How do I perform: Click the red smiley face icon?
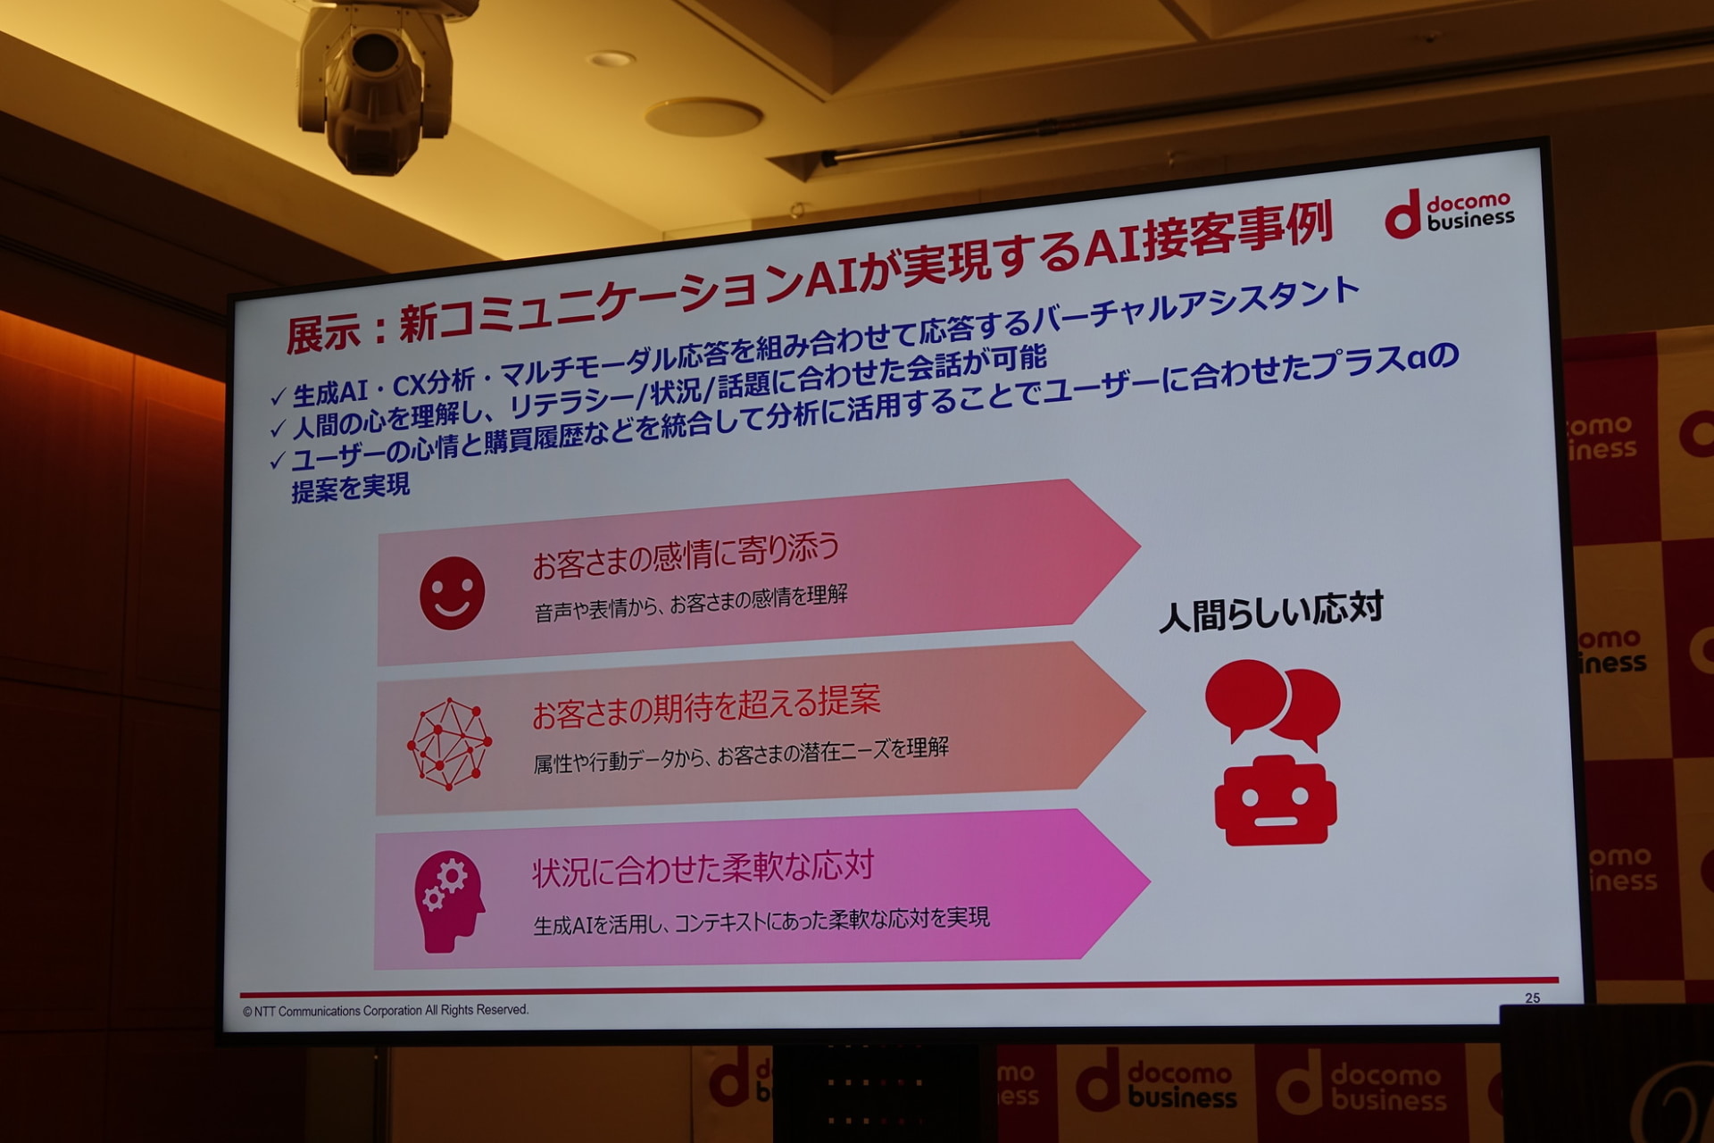452,594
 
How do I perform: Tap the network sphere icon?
449,744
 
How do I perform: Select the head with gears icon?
449,900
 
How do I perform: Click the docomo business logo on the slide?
1449,213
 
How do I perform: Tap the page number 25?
1532,997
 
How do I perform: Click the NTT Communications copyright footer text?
386,1010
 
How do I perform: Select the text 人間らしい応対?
1271,612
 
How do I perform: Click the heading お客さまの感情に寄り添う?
686,555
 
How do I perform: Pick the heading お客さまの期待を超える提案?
706,705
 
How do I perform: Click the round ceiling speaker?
703,117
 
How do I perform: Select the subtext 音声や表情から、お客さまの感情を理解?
691,603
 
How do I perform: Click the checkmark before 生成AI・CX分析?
278,396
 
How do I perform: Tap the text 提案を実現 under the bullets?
351,488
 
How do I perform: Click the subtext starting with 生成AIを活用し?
761,921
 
